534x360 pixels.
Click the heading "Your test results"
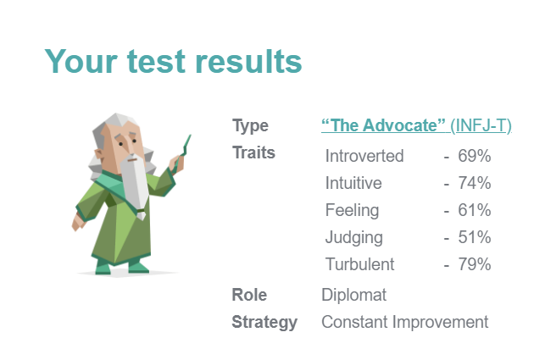[173, 61]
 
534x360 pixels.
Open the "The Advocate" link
[384, 126]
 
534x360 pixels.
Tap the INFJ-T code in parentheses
[481, 126]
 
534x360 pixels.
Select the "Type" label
[250, 126]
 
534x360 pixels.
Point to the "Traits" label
[253, 153]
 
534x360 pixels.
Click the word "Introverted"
[364, 156]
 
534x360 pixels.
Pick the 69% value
[476, 156]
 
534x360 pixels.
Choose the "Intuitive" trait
[353, 183]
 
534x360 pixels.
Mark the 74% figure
[476, 183]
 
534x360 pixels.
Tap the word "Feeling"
[352, 210]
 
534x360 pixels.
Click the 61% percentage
[476, 210]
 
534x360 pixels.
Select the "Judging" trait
[353, 237]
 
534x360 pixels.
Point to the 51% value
[476, 237]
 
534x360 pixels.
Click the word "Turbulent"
[359, 264]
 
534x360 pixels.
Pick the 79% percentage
[476, 264]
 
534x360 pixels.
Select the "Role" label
[249, 295]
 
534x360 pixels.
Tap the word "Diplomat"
[353, 295]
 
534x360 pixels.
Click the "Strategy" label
[264, 322]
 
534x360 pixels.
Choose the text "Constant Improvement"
[404, 322]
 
